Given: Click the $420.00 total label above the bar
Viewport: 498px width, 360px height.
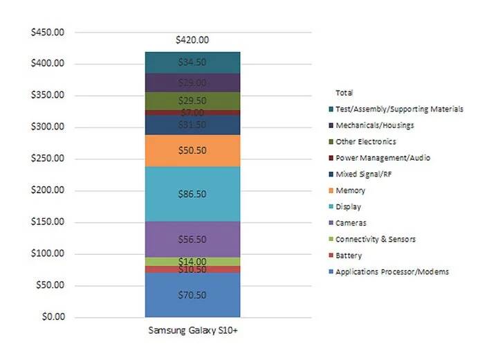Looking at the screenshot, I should click(192, 40).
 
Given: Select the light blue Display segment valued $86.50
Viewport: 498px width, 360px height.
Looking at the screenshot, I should click(192, 195).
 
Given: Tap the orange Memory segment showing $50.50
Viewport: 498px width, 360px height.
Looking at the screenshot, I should click(192, 150).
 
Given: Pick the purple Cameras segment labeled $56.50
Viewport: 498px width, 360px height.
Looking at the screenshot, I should click(192, 239).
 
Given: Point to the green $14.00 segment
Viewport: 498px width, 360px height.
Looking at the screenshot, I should click(192, 261).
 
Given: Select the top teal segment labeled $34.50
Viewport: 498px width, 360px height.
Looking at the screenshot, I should click(192, 62).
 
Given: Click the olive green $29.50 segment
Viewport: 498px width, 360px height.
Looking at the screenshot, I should click(192, 100).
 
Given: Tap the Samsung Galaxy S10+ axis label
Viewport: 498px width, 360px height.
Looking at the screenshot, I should click(192, 330).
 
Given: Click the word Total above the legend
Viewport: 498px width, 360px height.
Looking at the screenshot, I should click(343, 92).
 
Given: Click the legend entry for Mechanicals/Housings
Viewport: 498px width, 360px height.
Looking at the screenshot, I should click(374, 125).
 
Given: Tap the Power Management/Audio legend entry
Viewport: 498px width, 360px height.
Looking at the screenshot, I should click(382, 158).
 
